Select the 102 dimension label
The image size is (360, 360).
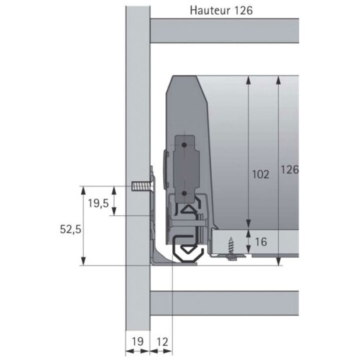(x=260, y=174)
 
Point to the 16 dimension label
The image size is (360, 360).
(x=261, y=241)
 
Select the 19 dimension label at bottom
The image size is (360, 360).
(x=138, y=342)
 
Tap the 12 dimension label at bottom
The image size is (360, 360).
(x=161, y=342)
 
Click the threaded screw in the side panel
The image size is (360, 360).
(x=141, y=188)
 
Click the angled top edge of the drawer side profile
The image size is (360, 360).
(x=205, y=88)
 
